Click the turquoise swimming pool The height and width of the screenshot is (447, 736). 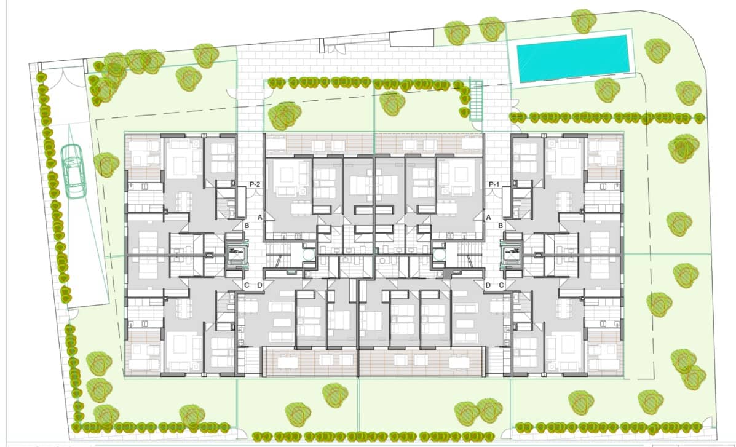pos(572,58)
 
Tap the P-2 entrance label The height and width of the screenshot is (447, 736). pos(256,184)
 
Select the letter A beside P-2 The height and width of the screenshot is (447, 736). pos(259,218)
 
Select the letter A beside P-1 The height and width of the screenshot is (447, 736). pos(488,218)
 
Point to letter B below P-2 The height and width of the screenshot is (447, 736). pos(246,226)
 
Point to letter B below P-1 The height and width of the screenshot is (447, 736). pos(501,226)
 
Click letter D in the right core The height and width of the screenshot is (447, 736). pos(488,285)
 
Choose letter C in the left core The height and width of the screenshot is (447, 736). pos(246,285)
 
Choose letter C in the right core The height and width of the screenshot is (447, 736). pos(501,285)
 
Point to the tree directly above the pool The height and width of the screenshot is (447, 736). pos(584,21)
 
